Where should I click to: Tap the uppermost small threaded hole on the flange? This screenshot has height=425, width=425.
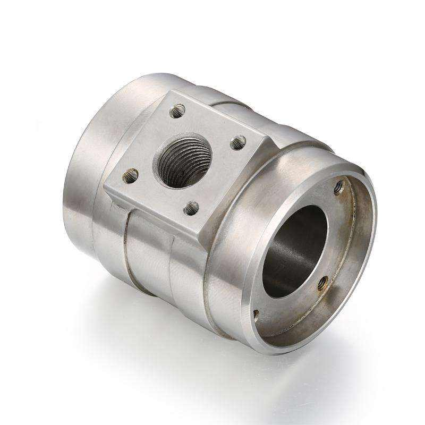pyautogui.click(x=177, y=111)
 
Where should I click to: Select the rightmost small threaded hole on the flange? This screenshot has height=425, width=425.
pyautogui.click(x=239, y=142)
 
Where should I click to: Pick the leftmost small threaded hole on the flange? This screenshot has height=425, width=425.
pyautogui.click(x=131, y=175)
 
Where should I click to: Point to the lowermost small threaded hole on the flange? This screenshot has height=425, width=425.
pyautogui.click(x=192, y=208)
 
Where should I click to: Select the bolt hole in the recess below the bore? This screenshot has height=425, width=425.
pyautogui.click(x=322, y=283)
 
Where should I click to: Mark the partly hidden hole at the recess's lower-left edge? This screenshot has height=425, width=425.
pyautogui.click(x=256, y=314)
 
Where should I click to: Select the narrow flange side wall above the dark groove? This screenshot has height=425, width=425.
pyautogui.click(x=154, y=212)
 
